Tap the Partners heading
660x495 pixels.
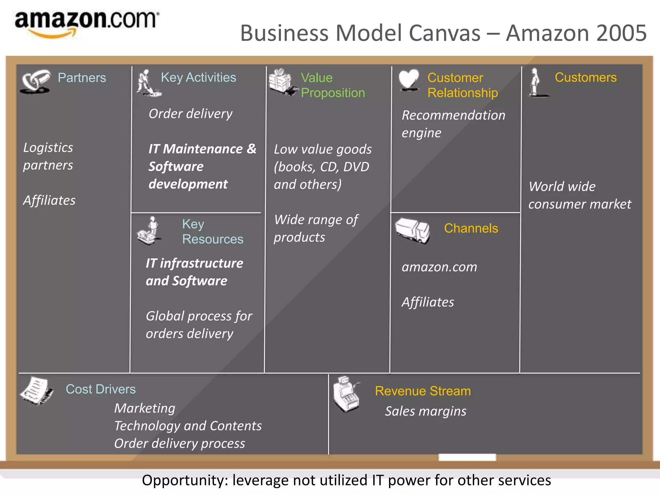point(82,78)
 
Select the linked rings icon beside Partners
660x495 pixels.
point(35,81)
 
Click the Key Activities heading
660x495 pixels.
point(199,77)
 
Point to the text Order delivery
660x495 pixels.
point(190,114)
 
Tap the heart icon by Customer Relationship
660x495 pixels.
point(409,80)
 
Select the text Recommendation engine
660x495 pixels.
point(453,124)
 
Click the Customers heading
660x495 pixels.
point(586,77)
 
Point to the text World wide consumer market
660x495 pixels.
point(579,195)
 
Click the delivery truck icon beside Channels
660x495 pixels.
point(412,230)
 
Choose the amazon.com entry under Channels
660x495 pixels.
point(439,267)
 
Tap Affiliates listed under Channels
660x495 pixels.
point(428,302)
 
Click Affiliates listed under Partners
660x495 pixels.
point(49,200)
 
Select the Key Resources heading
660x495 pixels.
point(212,231)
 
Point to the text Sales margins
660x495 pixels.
point(425,411)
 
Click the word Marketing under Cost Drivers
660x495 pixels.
point(145,408)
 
